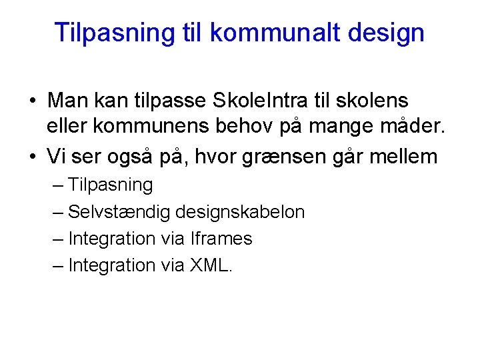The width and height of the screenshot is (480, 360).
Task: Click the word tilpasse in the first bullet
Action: pyautogui.click(x=169, y=101)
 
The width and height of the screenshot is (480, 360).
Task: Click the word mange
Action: pyautogui.click(x=337, y=129)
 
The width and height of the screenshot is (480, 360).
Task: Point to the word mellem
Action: pyautogui.click(x=406, y=157)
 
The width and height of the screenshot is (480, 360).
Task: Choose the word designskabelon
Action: pyautogui.click(x=240, y=212)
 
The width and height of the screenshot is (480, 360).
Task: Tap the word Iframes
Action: pyautogui.click(x=221, y=239)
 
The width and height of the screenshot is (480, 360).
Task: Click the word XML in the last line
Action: pyautogui.click(x=209, y=265)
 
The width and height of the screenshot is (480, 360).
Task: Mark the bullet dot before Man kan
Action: pyautogui.click(x=33, y=101)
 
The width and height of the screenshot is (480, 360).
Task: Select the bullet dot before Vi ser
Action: pyautogui.click(x=33, y=157)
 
